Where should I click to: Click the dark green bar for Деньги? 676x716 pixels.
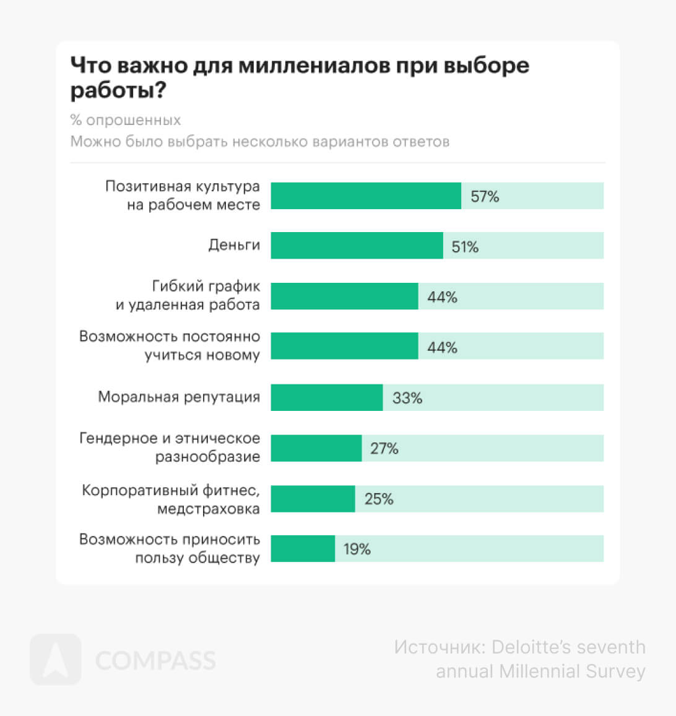click(357, 246)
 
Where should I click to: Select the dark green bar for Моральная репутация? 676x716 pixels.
click(326, 397)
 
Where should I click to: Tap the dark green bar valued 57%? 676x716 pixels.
click(365, 196)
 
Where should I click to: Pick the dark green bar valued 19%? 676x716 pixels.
click(303, 548)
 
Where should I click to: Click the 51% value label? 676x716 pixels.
click(465, 247)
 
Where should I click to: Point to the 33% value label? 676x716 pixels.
click(407, 398)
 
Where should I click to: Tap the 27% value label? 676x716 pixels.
click(384, 449)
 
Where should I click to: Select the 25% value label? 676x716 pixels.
click(378, 499)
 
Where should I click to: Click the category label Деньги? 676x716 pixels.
click(234, 245)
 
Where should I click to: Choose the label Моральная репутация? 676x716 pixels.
click(179, 397)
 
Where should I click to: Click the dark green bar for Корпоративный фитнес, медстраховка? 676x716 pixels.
click(313, 499)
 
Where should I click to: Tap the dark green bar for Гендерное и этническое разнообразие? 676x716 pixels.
click(316, 448)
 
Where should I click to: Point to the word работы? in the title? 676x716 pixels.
click(118, 91)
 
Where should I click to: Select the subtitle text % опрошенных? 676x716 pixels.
click(126, 120)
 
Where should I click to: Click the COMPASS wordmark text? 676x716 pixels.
click(155, 660)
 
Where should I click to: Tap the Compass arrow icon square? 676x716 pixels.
click(56, 660)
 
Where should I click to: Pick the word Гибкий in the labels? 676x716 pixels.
click(176, 287)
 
